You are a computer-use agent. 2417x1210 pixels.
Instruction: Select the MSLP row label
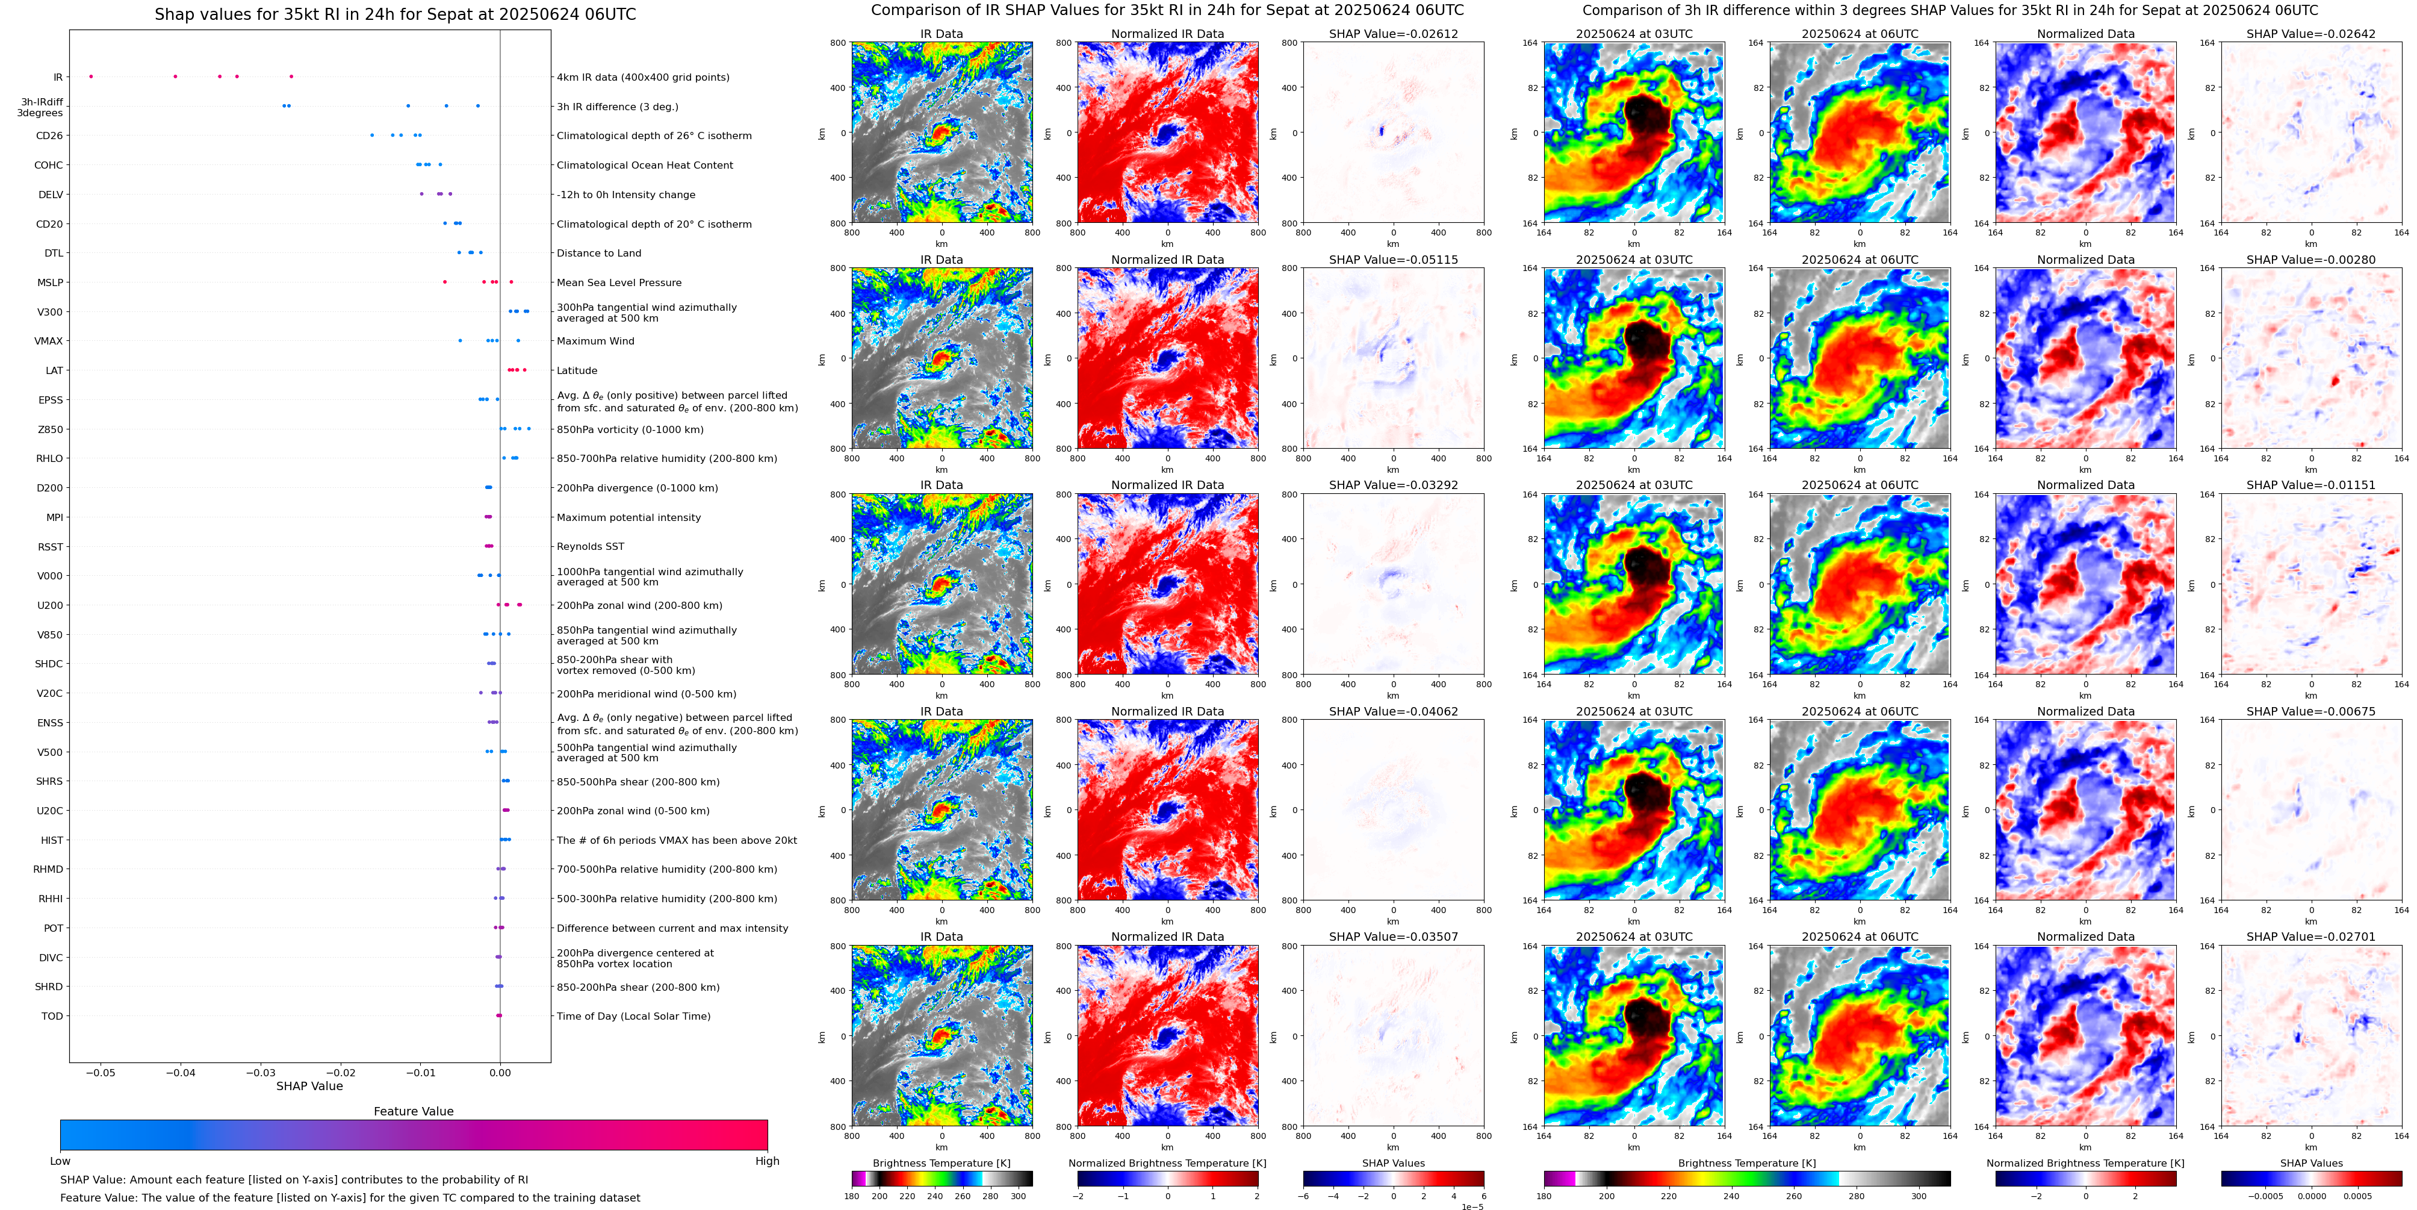click(x=50, y=282)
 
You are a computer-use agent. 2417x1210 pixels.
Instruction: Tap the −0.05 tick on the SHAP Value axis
click(x=101, y=1073)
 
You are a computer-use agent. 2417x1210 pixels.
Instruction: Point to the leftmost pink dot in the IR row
click(x=91, y=76)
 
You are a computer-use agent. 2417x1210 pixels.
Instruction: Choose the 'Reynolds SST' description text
click(x=590, y=546)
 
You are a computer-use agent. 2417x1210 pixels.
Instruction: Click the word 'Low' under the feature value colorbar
click(x=60, y=1161)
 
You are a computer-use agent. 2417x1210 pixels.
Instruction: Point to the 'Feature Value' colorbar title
click(x=413, y=1111)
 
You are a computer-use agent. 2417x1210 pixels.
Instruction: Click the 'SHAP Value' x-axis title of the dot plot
click(x=309, y=1086)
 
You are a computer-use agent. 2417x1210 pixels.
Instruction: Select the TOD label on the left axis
click(x=52, y=1017)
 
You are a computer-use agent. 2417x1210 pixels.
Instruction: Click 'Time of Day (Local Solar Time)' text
click(x=633, y=1017)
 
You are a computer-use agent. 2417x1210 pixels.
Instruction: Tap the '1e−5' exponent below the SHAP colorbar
click(x=1471, y=1206)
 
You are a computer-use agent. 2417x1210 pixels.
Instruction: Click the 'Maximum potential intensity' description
click(x=628, y=517)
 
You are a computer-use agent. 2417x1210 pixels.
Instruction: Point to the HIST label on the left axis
click(x=52, y=840)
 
